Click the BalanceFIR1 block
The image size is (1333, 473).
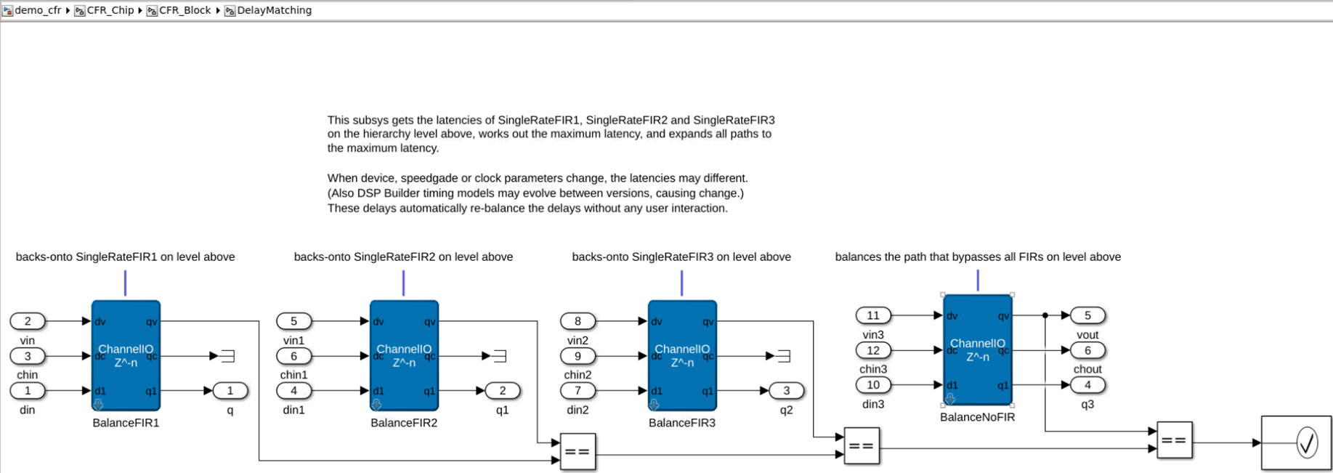click(x=126, y=355)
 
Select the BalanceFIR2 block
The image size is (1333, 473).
click(x=404, y=355)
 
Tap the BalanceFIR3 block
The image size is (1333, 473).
click(x=682, y=355)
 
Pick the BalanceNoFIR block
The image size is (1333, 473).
click(x=977, y=349)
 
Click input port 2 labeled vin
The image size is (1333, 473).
click(x=28, y=321)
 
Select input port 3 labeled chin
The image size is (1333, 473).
click(x=28, y=356)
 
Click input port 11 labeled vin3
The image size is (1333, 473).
click(x=873, y=315)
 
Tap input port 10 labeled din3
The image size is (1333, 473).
click(x=873, y=385)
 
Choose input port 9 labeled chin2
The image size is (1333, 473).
click(x=578, y=356)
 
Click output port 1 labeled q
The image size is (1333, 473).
click(x=230, y=391)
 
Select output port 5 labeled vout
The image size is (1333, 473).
click(x=1087, y=315)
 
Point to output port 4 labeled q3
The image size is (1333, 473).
click(x=1087, y=385)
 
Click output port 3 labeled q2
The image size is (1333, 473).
click(x=786, y=391)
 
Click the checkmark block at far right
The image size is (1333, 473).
click(x=1297, y=442)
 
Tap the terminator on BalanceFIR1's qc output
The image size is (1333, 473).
click(x=227, y=356)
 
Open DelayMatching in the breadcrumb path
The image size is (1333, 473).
click(x=274, y=10)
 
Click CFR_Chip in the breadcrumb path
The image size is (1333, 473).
click(x=110, y=10)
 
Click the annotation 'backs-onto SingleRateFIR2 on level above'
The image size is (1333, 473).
click(x=403, y=256)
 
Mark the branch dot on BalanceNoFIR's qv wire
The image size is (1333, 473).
click(x=1045, y=315)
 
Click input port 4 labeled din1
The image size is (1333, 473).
click(x=293, y=391)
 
